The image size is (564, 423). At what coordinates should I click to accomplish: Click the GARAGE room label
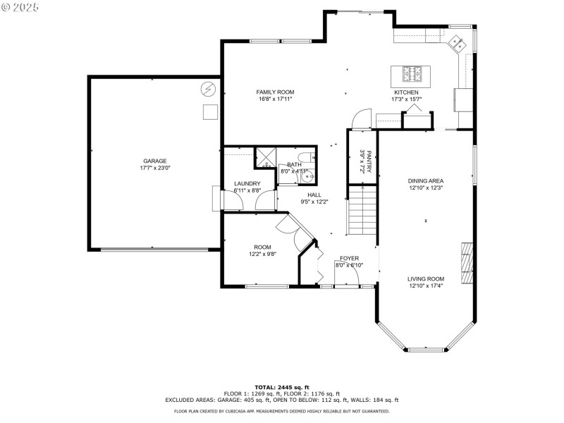[x=155, y=161]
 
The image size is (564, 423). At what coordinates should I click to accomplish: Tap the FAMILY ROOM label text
[x=274, y=92]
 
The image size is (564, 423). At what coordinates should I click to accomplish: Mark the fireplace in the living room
[x=465, y=263]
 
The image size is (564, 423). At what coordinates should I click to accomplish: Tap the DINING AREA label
[x=426, y=180]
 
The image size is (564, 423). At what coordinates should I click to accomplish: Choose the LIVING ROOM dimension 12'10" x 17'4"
[x=426, y=286]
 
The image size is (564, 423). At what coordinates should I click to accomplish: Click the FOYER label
[x=349, y=258]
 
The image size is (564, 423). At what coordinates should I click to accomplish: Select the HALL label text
[x=314, y=195]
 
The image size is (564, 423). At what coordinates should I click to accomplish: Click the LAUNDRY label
[x=247, y=183]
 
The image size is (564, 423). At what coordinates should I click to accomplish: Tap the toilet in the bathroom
[x=304, y=157]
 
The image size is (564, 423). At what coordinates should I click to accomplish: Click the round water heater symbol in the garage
[x=208, y=89]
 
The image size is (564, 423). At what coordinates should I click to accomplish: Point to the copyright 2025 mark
[x=20, y=6]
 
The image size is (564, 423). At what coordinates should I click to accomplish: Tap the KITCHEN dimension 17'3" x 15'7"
[x=406, y=99]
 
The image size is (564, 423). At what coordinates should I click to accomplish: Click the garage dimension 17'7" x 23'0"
[x=155, y=168]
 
